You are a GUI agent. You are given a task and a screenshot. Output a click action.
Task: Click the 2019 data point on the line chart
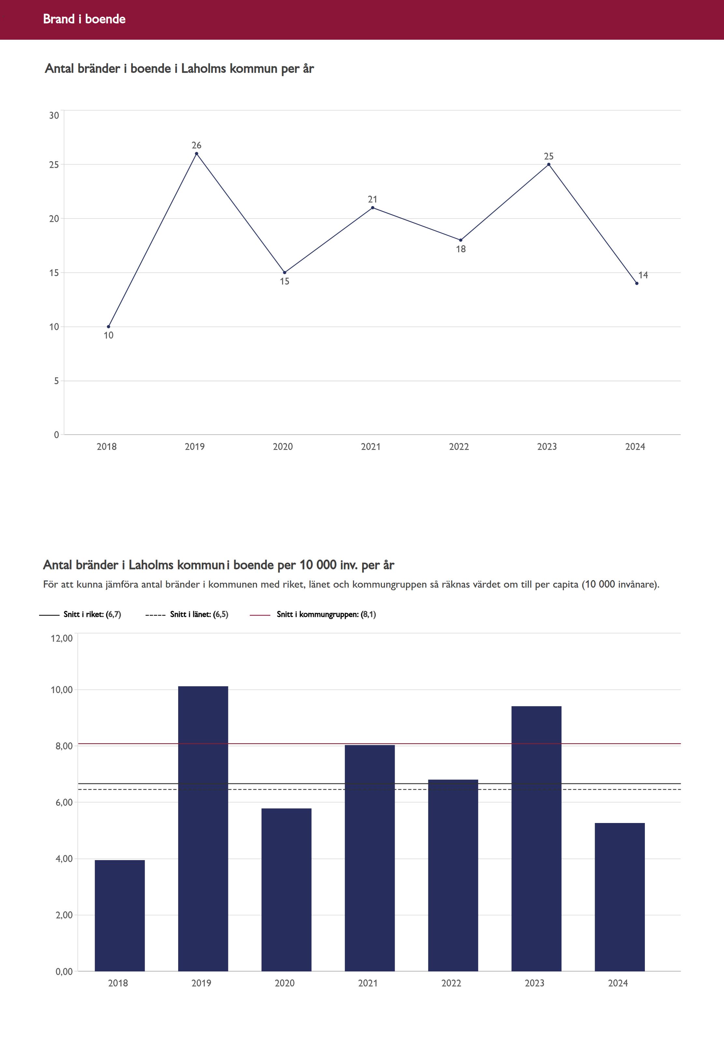point(196,154)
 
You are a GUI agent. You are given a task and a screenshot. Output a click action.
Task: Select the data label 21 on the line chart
point(373,200)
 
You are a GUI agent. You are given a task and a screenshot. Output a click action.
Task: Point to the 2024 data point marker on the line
point(637,283)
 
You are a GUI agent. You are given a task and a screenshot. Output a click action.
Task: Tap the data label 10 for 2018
point(108,336)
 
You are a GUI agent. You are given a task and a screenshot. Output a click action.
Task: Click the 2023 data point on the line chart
point(548,165)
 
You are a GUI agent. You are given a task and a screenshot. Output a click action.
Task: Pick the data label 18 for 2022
point(461,249)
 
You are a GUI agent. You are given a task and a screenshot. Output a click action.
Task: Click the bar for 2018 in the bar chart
point(120,915)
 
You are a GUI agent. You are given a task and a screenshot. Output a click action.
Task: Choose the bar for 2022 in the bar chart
point(453,875)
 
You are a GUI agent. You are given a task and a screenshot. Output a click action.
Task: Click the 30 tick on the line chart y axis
point(54,116)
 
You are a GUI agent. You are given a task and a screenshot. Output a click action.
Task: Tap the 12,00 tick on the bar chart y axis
point(62,638)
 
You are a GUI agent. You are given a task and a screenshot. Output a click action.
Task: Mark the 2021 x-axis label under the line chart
point(371,447)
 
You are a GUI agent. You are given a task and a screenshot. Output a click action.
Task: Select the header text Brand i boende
point(84,19)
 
